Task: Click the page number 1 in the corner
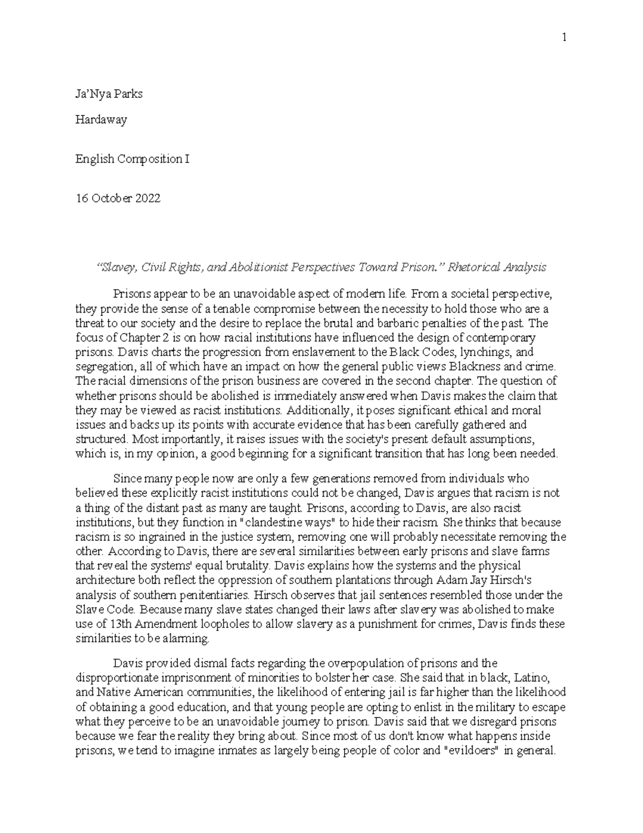click(x=564, y=37)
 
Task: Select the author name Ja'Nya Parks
click(x=109, y=94)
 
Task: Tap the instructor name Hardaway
click(x=101, y=120)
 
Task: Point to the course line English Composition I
click(x=132, y=159)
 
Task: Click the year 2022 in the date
click(x=147, y=198)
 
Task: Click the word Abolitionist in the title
click(x=258, y=267)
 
